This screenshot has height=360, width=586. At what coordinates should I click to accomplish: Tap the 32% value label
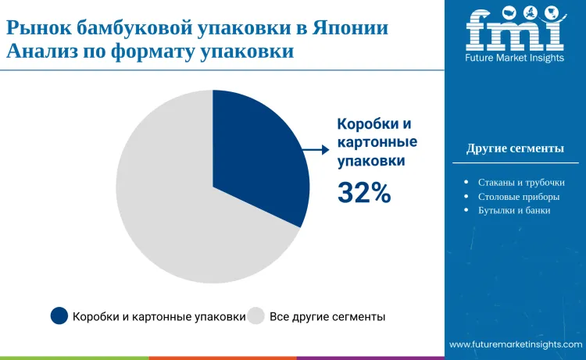coord(363,192)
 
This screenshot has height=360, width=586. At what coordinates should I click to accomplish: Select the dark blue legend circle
coord(59,316)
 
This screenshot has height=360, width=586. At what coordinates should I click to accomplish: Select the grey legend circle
coord(256,316)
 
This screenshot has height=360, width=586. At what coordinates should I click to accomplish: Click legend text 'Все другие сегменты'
coord(327,317)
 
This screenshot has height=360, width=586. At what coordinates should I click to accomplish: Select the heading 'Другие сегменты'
coord(515,148)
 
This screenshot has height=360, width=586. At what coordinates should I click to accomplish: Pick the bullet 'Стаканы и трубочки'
coord(520,183)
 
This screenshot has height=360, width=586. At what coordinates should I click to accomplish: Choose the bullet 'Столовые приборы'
coord(518,197)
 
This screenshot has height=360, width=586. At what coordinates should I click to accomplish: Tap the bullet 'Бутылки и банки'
coord(514,211)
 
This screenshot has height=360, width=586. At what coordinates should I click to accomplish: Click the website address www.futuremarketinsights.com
coord(516,344)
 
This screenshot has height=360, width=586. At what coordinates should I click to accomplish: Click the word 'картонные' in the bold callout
coord(377,142)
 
